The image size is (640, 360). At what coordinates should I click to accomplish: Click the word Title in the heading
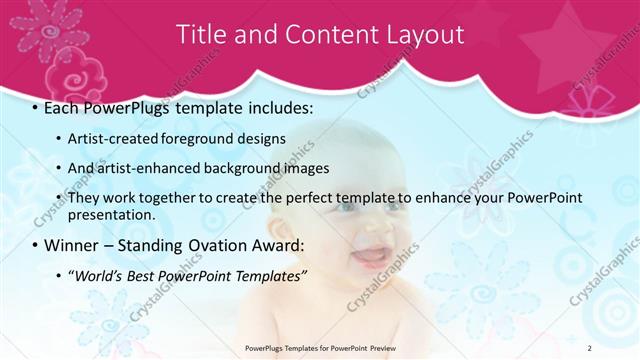[x=201, y=34]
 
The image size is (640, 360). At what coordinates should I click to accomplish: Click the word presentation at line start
[x=111, y=214]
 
